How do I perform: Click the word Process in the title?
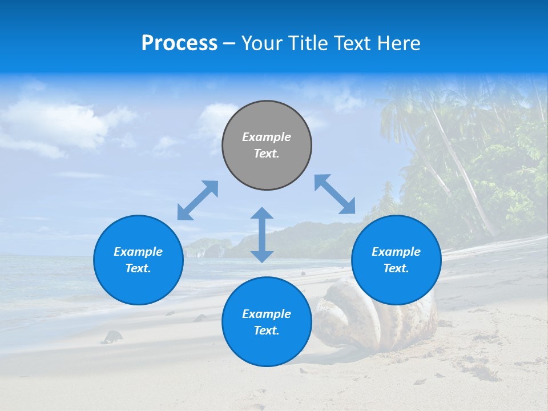179,43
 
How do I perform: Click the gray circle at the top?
267,145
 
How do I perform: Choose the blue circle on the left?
138,260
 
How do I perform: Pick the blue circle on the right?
396,260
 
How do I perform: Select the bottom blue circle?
267,321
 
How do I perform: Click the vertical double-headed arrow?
262,235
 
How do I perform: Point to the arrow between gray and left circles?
198,200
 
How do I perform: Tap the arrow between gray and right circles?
335,194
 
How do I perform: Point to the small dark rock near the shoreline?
112,337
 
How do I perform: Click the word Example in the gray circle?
267,137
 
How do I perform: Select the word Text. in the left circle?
138,268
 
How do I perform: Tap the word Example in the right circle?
396,252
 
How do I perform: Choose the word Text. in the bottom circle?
267,331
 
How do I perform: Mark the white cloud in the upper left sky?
57,123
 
